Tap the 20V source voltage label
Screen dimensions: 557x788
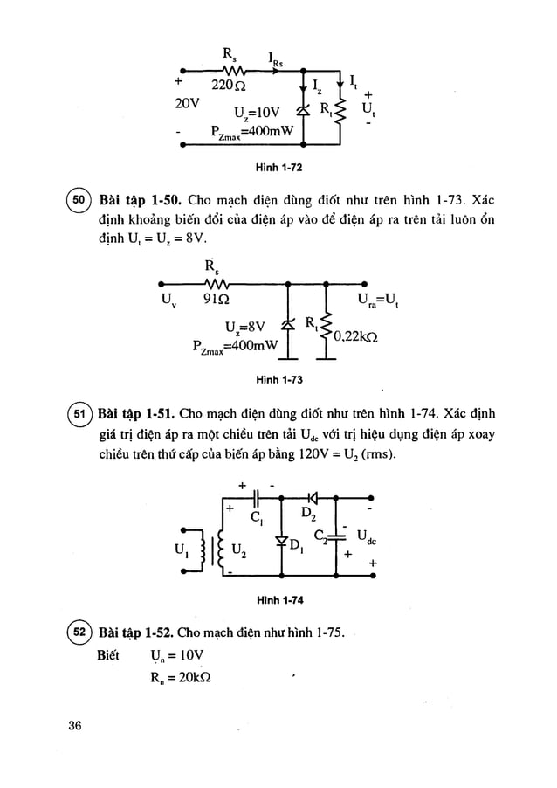tap(188, 102)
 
